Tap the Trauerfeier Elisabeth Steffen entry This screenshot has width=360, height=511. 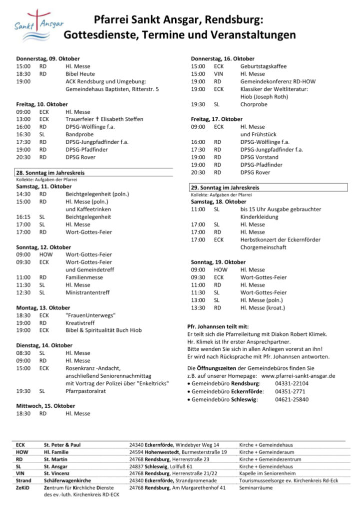[104, 120]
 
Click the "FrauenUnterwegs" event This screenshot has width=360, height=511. [91, 315]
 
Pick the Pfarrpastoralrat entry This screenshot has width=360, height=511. [88, 391]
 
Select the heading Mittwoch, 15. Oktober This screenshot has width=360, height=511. [46, 406]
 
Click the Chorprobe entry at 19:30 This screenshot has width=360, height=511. [254, 104]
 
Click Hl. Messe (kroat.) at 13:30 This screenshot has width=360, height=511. [263, 308]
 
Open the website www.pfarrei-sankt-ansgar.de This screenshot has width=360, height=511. [298, 376]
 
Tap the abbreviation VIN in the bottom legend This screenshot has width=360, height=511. [20, 473]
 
